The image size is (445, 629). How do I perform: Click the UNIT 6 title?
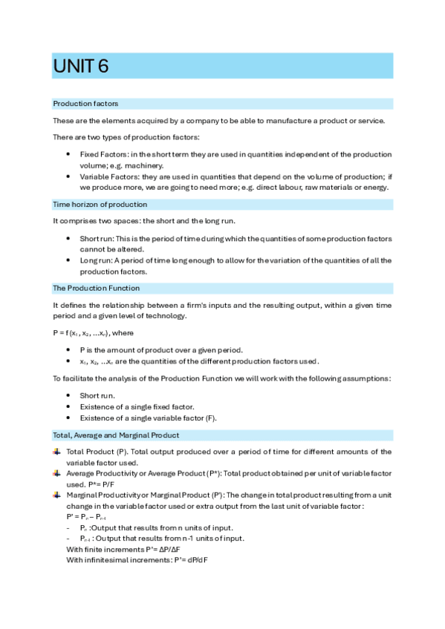point(81,66)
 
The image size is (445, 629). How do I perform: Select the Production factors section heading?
point(85,104)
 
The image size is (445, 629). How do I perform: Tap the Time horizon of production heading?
point(100,204)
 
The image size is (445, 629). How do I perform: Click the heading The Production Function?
point(96,288)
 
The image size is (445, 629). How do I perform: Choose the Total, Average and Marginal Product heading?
point(115,435)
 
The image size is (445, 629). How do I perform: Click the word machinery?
point(145,165)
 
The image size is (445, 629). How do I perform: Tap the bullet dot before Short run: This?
point(68,239)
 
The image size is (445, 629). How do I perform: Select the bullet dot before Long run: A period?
point(68,260)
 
